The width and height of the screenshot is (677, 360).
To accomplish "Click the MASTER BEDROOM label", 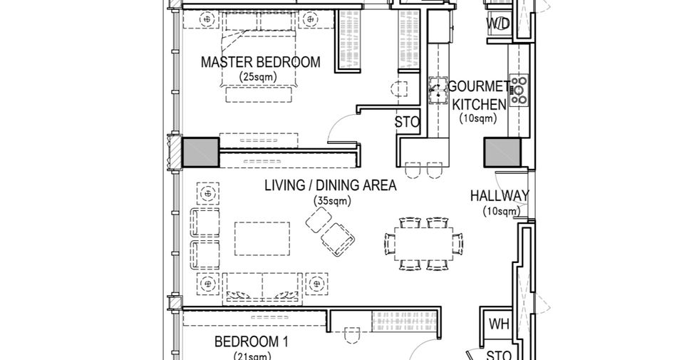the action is click(x=260, y=62).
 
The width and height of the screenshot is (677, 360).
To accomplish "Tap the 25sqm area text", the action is click(x=258, y=77).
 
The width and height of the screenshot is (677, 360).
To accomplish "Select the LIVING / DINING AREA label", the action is click(x=330, y=185).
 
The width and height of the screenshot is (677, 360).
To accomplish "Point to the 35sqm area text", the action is click(x=332, y=201).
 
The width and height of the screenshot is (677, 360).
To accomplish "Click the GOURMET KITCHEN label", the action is click(x=478, y=96).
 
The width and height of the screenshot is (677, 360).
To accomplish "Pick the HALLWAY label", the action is click(x=500, y=196).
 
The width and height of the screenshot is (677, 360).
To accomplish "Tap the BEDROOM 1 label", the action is click(x=252, y=342).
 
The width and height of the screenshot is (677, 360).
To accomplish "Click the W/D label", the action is click(x=498, y=24).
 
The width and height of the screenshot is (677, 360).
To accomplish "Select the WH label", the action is click(x=499, y=324).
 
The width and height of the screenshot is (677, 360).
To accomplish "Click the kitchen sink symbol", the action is click(x=438, y=91).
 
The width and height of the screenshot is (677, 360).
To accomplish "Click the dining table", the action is click(x=423, y=244).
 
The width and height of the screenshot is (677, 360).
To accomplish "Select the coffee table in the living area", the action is click(x=262, y=239).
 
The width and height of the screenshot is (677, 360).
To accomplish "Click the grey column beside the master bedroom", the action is click(x=201, y=153).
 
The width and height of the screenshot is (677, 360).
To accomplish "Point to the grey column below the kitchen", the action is click(x=502, y=153).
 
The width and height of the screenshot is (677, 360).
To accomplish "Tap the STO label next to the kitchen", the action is click(x=407, y=123).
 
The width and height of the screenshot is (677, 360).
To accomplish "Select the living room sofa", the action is click(x=262, y=288).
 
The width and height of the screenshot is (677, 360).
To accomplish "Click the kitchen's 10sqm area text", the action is click(x=478, y=118).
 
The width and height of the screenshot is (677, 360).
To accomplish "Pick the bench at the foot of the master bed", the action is click(x=259, y=95).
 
